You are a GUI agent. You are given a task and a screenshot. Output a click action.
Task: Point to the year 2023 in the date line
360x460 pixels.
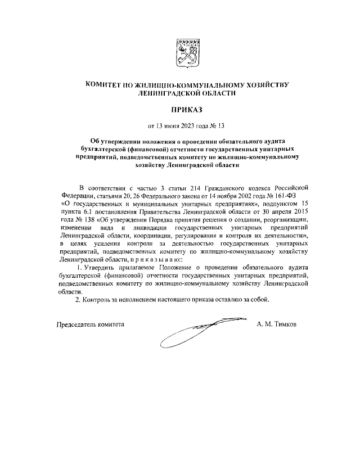[195, 125]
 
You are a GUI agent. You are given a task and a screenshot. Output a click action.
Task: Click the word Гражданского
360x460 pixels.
[219, 187]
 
